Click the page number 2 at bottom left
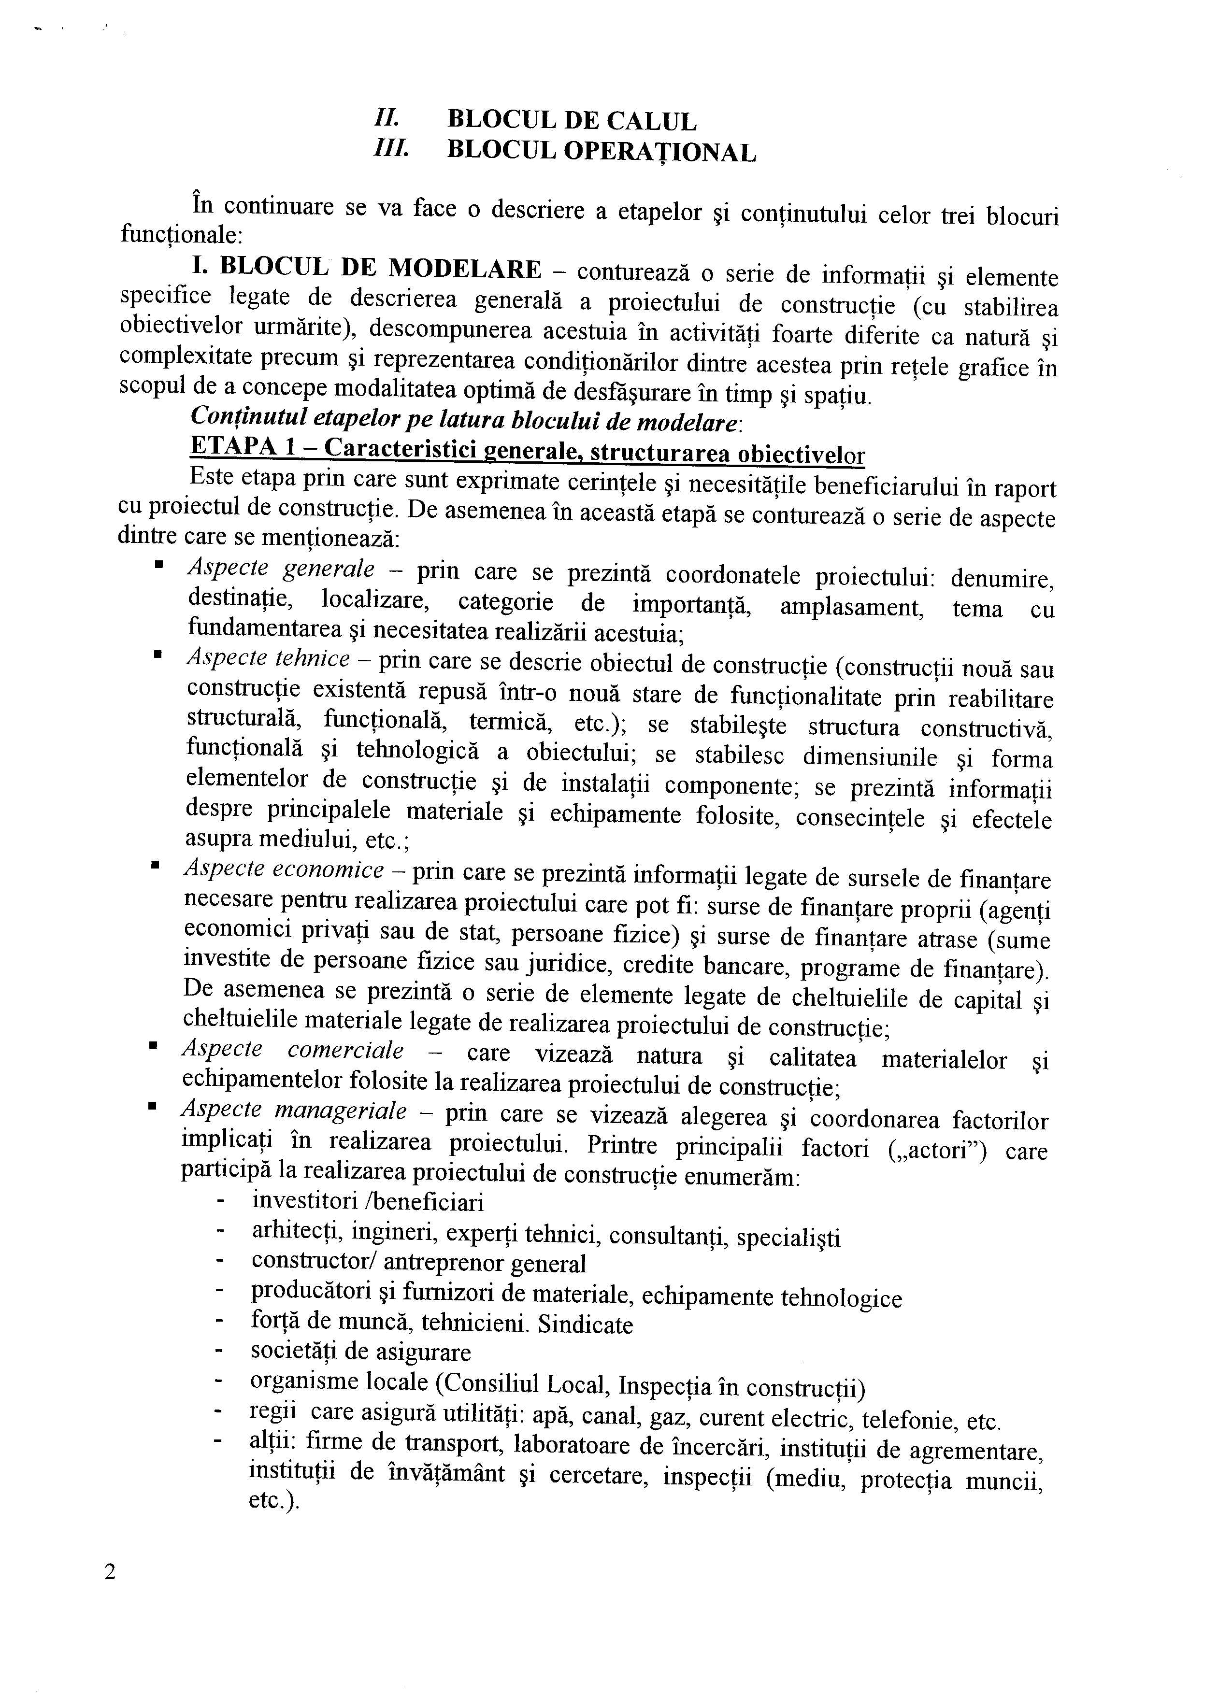(110, 1572)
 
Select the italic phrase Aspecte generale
(280, 570)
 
